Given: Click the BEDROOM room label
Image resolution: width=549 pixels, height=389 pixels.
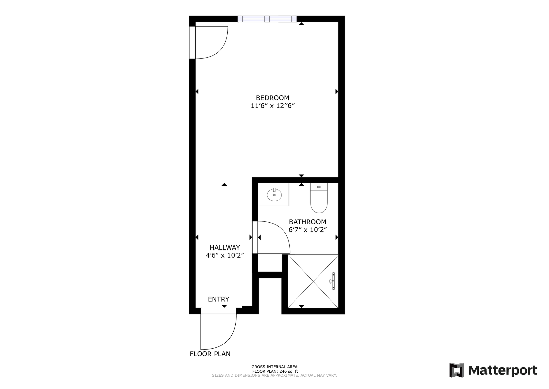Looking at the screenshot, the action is (272, 98).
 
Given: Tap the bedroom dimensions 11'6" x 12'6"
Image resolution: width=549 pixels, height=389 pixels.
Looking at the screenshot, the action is (272, 106).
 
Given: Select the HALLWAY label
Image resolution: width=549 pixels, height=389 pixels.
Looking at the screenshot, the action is (225, 247).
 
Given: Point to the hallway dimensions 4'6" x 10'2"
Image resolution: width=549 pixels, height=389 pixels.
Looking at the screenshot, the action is (225, 255).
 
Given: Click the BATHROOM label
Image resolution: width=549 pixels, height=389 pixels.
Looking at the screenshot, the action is (307, 222).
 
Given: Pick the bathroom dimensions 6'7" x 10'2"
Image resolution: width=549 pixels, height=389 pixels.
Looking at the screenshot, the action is (307, 230).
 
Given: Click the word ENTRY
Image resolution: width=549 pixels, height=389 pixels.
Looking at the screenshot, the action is (218, 299).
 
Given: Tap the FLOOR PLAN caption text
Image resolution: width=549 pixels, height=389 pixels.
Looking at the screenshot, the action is (210, 354).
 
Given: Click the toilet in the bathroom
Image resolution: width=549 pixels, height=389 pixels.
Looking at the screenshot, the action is (319, 198).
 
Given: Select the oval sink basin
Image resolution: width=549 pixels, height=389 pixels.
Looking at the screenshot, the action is (274, 195).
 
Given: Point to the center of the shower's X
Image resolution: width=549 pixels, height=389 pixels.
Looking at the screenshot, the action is (313, 281).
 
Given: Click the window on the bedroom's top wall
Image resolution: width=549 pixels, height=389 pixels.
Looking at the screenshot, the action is (267, 19).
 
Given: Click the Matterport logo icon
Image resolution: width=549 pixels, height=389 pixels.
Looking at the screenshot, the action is (457, 370).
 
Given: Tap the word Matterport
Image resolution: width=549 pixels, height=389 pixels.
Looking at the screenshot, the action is (503, 370).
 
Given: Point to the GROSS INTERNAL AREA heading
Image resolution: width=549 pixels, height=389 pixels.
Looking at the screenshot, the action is (274, 367).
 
